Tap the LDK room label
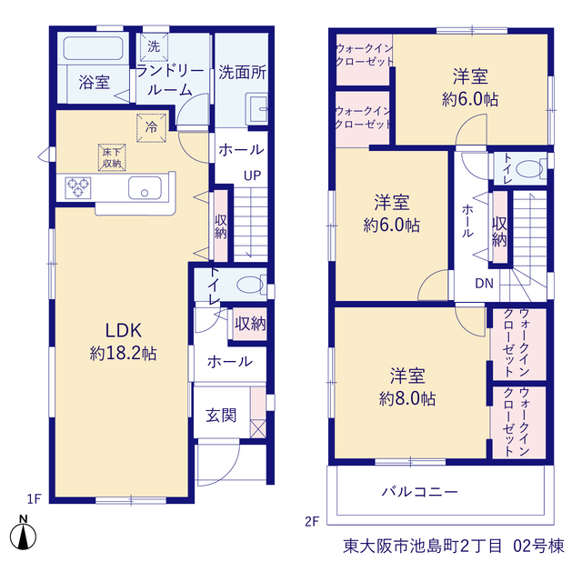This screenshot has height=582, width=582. point(124,330)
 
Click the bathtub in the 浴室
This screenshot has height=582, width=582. point(93,48)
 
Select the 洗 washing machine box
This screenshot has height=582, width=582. point(154,46)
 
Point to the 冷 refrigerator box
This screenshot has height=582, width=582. point(151,127)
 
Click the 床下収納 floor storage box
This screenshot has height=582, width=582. point(112,157)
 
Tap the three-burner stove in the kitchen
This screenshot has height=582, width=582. point(78,188)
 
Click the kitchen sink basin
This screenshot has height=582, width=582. point(145,187)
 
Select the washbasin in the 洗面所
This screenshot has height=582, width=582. point(256,109)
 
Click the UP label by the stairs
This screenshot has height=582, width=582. point(253,176)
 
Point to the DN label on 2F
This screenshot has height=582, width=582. point(485,284)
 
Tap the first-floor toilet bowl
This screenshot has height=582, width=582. point(250,285)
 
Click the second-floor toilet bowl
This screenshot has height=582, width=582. point(530,169)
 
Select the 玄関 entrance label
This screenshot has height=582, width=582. point(221,416)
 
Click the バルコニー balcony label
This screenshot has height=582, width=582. point(420,492)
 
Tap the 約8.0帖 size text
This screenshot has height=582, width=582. point(407,398)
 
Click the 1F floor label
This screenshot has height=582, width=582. point(34,499)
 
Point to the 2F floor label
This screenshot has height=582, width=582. point(312,521)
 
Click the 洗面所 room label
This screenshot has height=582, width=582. point(242,73)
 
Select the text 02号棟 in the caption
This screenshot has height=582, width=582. point(538,546)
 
